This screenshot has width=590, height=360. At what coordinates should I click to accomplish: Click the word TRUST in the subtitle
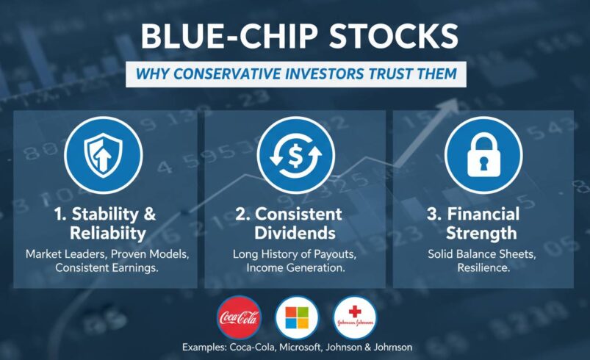coord(385,73)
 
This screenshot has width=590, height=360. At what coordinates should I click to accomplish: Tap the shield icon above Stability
coord(104,155)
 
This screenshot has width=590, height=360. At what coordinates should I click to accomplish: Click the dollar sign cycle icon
coord(295,155)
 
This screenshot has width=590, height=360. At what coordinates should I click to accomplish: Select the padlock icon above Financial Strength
coord(483,155)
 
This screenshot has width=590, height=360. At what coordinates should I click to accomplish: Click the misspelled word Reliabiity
coord(104,233)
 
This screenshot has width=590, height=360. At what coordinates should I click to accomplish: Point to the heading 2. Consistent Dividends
coord(295,223)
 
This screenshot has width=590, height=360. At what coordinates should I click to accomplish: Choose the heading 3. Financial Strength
coord(483,223)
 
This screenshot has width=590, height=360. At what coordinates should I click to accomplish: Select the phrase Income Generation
coord(295,270)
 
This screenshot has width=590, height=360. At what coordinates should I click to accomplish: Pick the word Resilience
coord(483,270)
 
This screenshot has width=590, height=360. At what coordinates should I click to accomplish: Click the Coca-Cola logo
coord(239,318)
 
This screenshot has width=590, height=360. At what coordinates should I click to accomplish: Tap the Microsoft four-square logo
coord(297,318)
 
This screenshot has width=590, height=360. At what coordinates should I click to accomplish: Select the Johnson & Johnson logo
coord(354,318)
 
